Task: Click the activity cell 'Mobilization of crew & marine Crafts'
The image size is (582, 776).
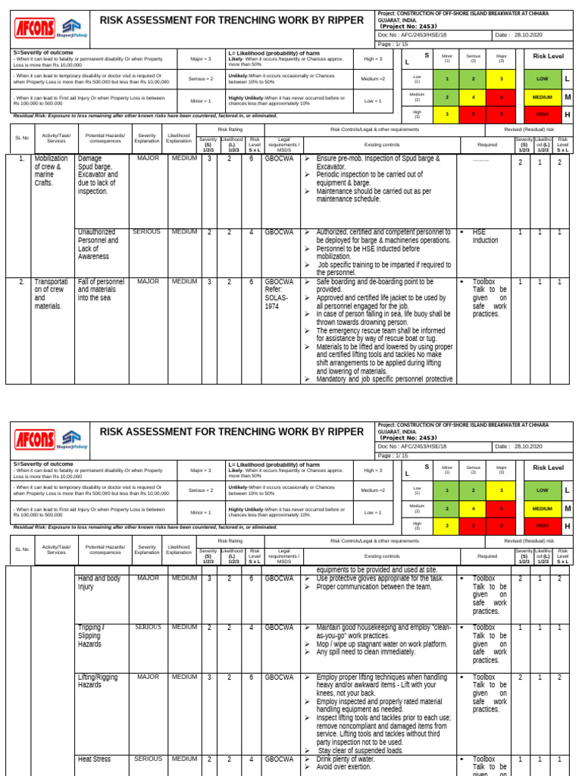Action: pyautogui.click(x=51, y=171)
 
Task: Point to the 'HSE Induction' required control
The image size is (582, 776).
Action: pyautogui.click(x=485, y=236)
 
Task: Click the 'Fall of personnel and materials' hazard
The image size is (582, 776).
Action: pyautogui.click(x=101, y=289)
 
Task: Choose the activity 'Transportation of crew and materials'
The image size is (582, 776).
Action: pyautogui.click(x=51, y=293)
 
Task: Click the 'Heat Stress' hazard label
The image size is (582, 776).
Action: pyautogui.click(x=98, y=759)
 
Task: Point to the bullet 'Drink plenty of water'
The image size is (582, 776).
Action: pyautogui.click(x=346, y=759)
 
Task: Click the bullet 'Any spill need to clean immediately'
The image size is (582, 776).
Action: pyautogui.click(x=365, y=652)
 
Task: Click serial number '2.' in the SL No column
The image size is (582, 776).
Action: pyautogui.click(x=22, y=281)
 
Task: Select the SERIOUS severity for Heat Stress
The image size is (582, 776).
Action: pyautogui.click(x=148, y=759)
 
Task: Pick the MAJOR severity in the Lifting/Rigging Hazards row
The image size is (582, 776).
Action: pyautogui.click(x=148, y=677)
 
